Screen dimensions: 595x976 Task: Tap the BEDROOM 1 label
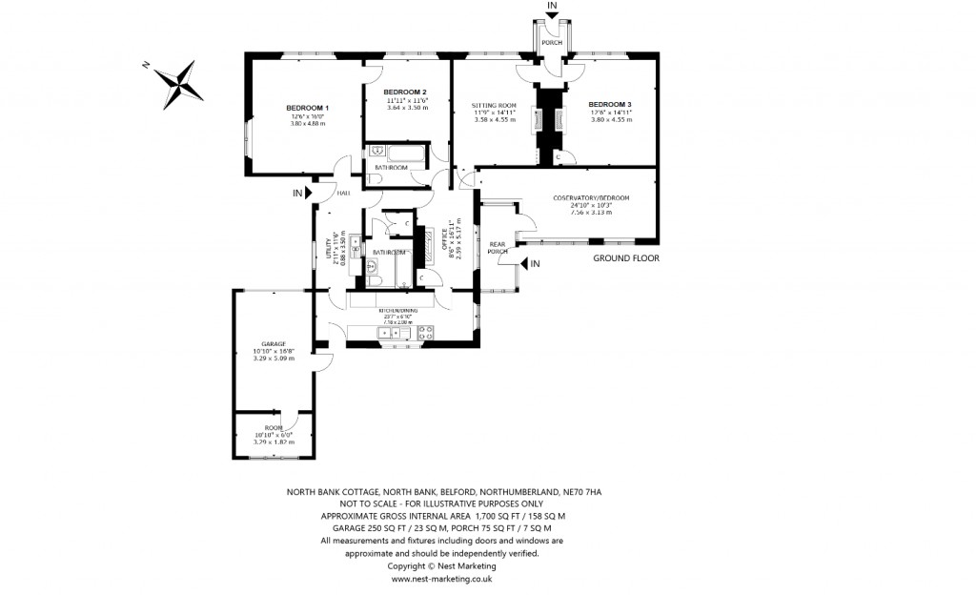point(307,108)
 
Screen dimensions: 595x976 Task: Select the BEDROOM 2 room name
point(407,92)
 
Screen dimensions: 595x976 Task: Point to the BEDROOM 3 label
point(610,103)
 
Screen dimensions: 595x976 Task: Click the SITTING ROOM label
point(495,104)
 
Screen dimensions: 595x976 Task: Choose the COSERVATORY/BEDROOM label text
point(591,197)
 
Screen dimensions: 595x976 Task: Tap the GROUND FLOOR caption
point(625,258)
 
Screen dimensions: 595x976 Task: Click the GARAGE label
point(274,343)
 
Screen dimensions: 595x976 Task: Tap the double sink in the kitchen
point(389,333)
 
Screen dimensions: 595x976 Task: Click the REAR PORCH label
point(498,248)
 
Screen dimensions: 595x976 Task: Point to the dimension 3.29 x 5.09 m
point(274,359)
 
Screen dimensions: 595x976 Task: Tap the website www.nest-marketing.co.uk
point(440,578)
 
